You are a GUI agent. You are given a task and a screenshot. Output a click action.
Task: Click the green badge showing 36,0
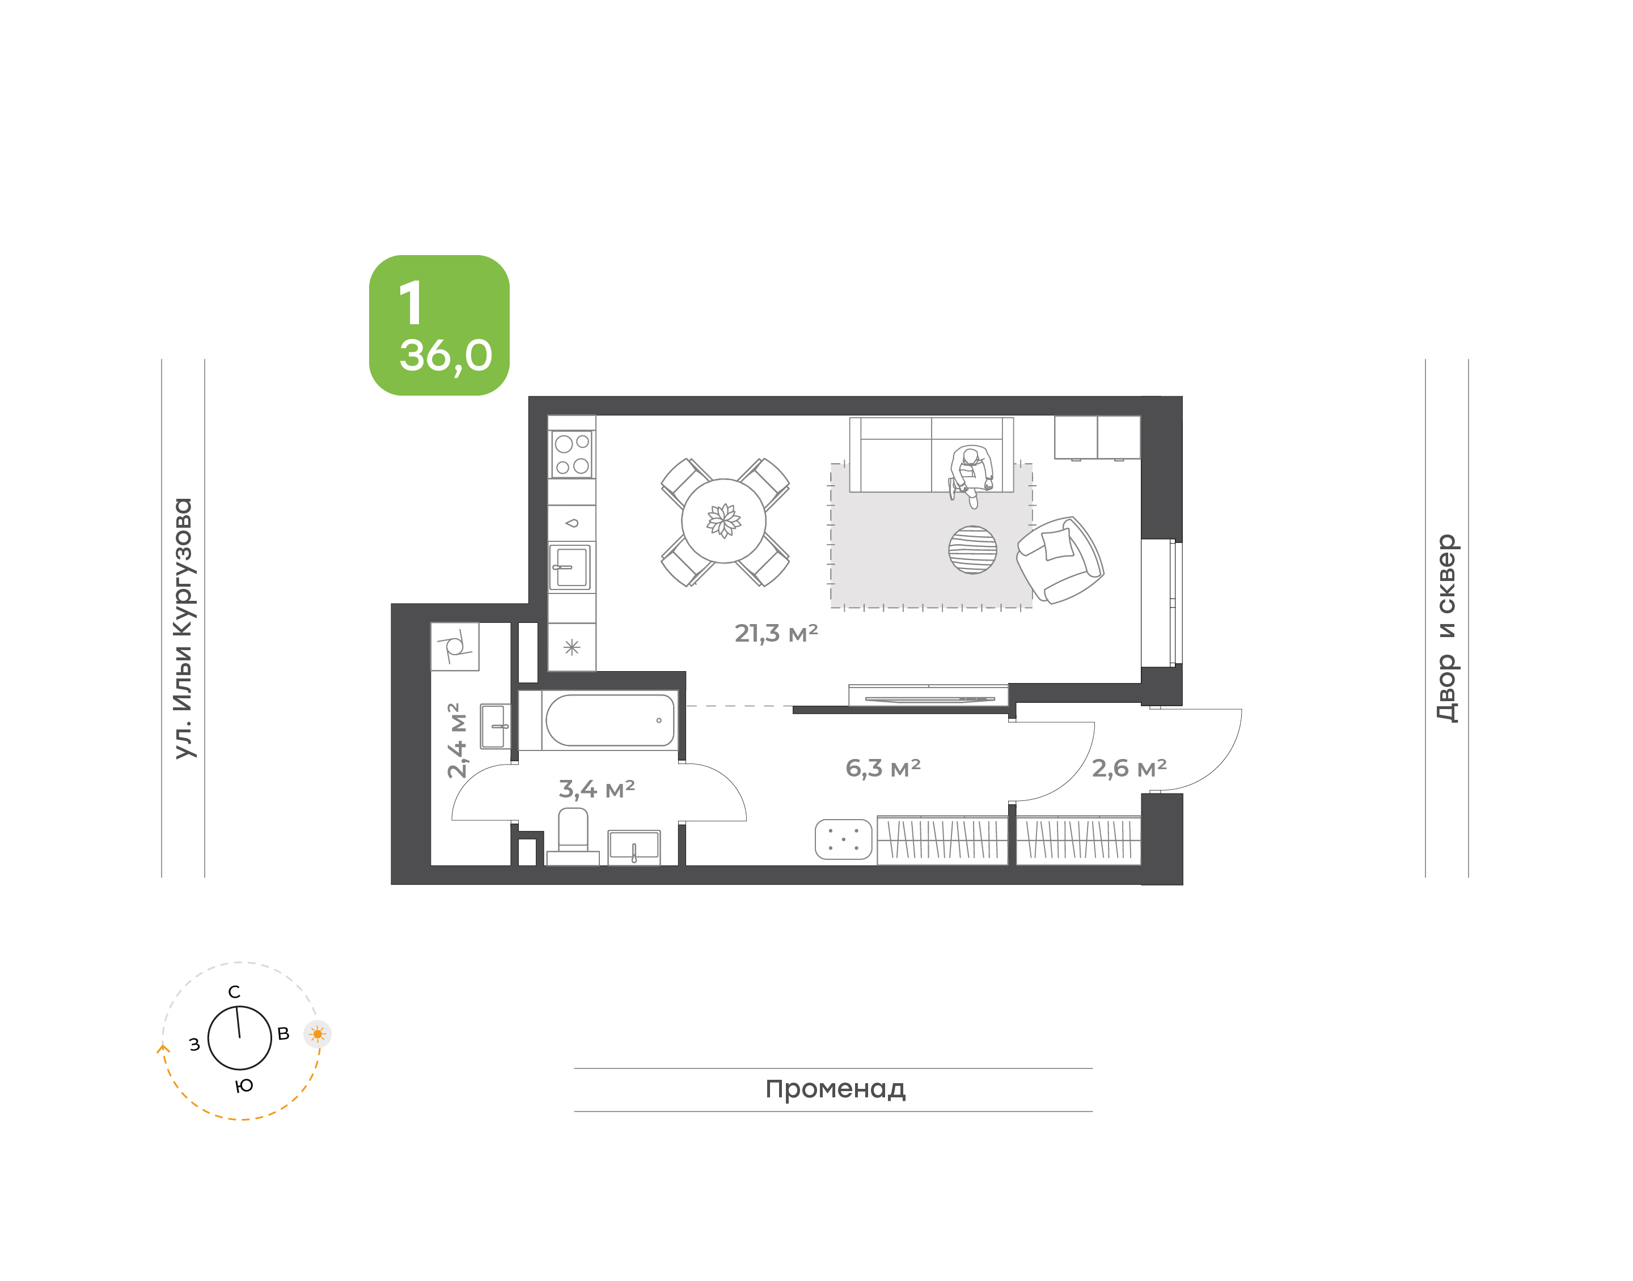(x=439, y=325)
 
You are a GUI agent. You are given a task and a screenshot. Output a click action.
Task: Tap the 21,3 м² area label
(x=776, y=633)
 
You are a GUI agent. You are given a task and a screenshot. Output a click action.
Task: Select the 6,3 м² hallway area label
(x=883, y=767)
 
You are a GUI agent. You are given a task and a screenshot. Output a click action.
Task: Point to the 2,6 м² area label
(x=1129, y=767)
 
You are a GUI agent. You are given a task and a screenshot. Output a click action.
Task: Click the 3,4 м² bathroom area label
(x=596, y=788)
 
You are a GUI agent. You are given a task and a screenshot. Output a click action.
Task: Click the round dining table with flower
(x=724, y=520)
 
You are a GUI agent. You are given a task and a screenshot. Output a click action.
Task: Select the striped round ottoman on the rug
(x=972, y=550)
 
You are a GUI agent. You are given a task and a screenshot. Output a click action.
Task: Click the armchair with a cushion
(x=1059, y=559)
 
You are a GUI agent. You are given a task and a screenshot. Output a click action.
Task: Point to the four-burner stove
(x=572, y=455)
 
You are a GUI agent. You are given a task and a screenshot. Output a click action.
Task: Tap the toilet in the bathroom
(x=573, y=835)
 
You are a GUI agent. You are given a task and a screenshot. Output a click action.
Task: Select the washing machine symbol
(x=455, y=647)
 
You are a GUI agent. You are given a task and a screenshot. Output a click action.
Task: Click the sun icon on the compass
(x=318, y=1034)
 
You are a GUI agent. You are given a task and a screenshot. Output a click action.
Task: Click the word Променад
(x=835, y=1089)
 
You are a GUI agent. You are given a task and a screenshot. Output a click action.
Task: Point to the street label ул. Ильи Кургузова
(x=183, y=628)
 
